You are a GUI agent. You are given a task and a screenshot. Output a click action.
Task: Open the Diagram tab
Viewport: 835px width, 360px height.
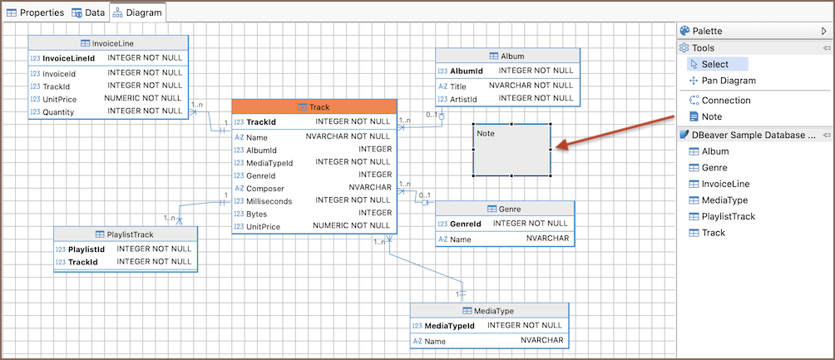coord(138,13)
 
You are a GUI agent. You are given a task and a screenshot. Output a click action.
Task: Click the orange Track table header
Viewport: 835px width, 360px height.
coord(314,107)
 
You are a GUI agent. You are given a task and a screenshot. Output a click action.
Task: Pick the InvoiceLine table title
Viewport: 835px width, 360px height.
coord(107,43)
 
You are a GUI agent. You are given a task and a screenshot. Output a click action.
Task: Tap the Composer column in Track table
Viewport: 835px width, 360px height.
coord(266,187)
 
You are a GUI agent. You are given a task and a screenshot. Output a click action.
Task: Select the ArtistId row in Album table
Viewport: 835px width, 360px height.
coord(463,99)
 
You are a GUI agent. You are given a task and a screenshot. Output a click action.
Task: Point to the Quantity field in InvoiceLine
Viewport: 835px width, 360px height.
coord(58,111)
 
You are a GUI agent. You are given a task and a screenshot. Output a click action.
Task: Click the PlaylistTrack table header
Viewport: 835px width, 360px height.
coord(125,234)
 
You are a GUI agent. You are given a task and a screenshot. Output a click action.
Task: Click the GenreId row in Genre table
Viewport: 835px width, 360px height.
coord(465,224)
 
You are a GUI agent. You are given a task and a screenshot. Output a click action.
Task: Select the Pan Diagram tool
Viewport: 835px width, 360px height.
coord(729,81)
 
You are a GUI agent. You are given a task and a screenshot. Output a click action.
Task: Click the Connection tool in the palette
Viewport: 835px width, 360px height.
coord(725,100)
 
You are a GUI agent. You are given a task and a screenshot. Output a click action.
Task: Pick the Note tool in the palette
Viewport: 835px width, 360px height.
coord(711,116)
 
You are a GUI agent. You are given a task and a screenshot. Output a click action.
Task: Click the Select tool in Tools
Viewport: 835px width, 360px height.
coord(714,64)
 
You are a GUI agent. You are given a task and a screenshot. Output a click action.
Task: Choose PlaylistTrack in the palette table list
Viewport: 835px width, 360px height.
coord(728,216)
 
